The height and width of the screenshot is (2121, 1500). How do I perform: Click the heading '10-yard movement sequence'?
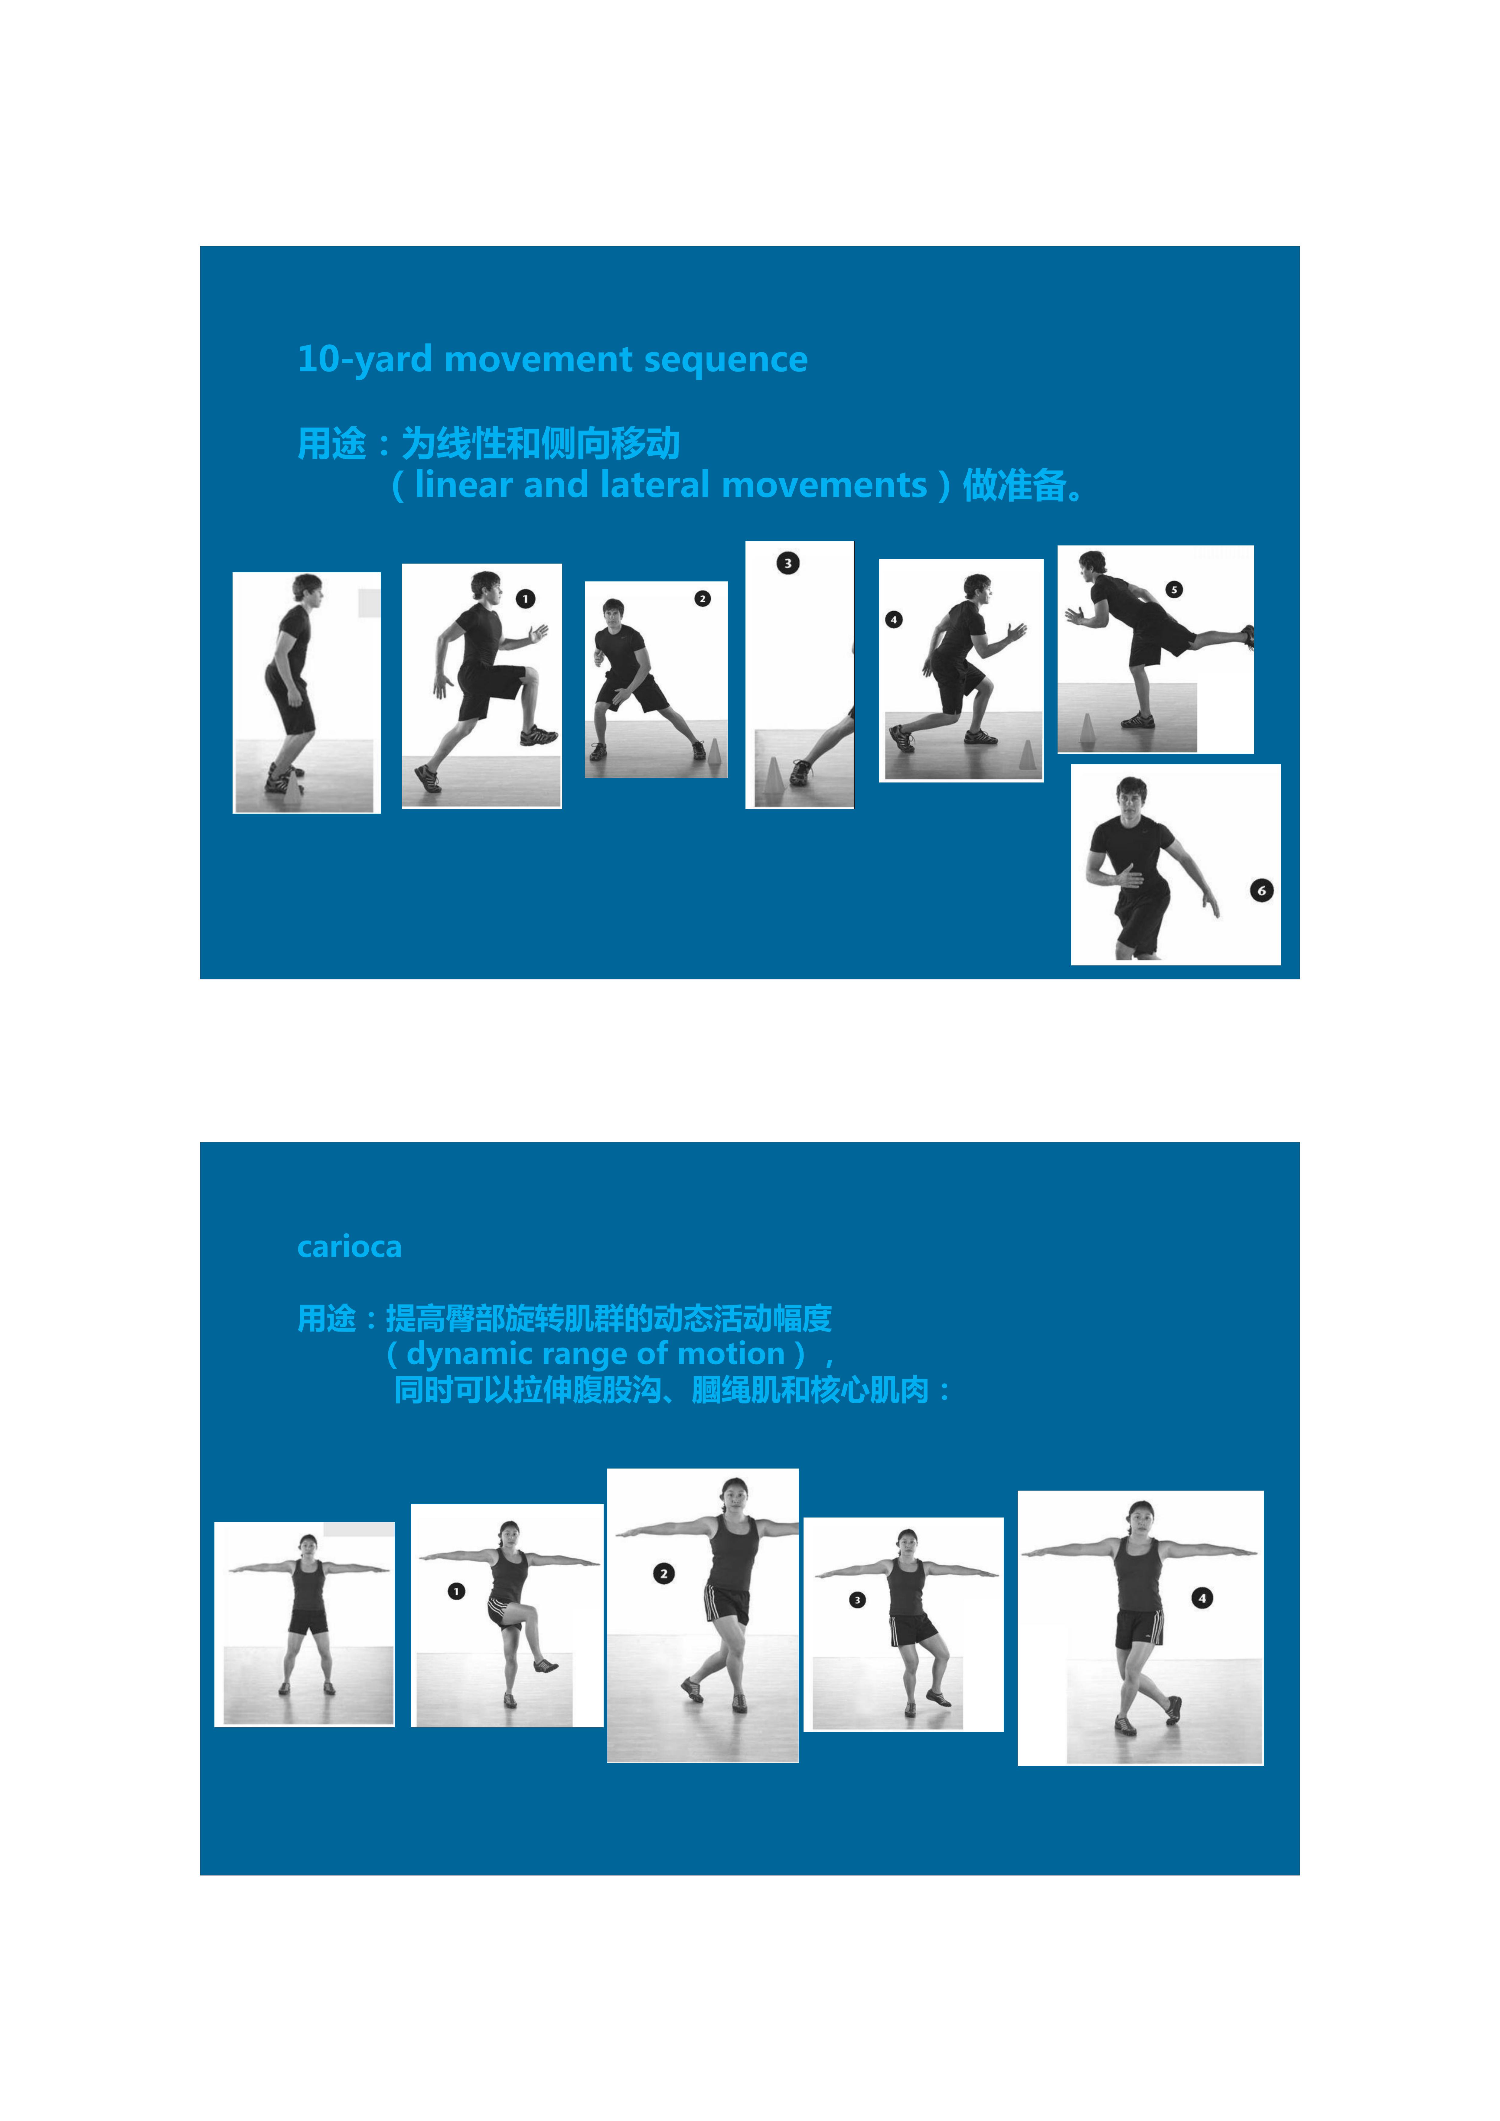[x=552, y=359]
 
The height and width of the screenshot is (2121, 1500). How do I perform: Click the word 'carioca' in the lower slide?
[x=349, y=1247]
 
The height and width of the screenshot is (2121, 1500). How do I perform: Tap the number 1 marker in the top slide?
[x=525, y=599]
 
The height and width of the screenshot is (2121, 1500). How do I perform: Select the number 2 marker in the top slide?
[x=703, y=599]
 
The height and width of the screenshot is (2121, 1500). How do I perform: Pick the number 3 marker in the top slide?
[x=787, y=563]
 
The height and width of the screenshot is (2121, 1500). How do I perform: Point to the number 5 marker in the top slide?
[x=1174, y=589]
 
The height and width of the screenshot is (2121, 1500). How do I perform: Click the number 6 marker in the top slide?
[x=1262, y=890]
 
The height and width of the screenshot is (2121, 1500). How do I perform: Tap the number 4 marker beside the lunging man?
[x=894, y=620]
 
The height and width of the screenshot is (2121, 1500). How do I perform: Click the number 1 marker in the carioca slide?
[x=457, y=1591]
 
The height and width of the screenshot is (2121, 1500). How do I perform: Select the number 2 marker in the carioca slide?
[x=664, y=1573]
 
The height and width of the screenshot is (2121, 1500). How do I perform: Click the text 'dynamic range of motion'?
[x=596, y=1353]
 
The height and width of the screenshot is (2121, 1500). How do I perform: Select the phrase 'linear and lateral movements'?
[x=671, y=485]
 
